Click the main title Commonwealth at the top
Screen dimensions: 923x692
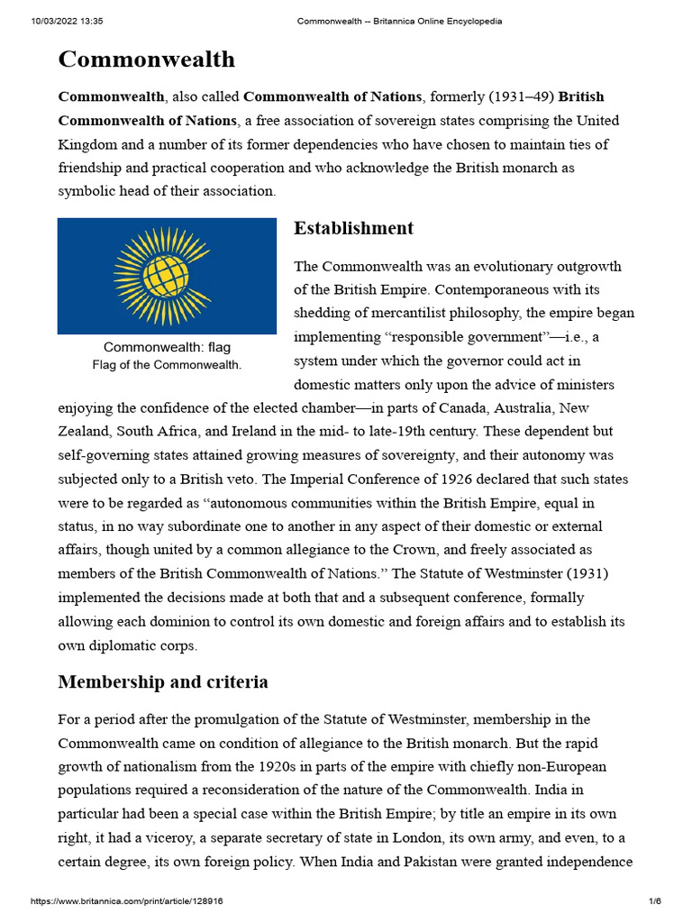[146, 59]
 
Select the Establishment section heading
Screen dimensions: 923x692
[353, 228]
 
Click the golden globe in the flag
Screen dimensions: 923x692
[167, 275]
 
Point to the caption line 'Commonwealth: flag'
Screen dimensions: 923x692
[167, 347]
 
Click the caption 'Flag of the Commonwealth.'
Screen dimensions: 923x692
[167, 365]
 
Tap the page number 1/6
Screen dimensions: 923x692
[655, 901]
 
